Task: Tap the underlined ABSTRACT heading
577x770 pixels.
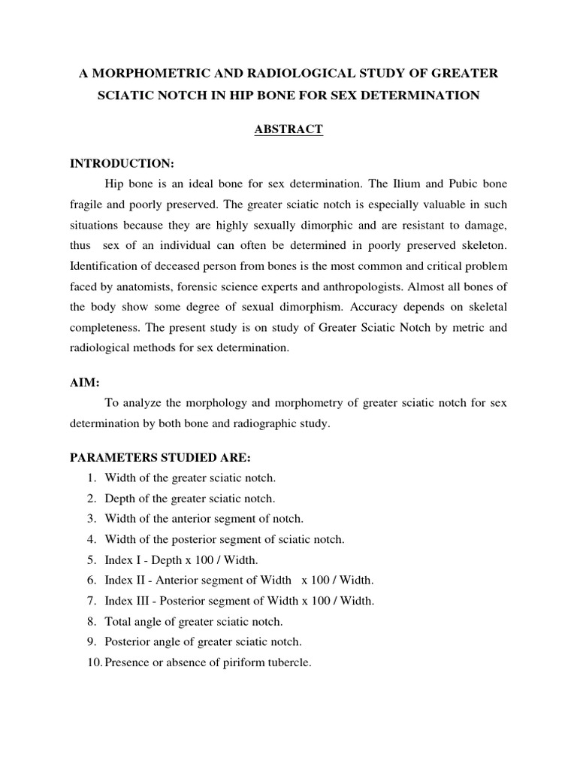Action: [288, 129]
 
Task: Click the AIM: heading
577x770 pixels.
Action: [84, 382]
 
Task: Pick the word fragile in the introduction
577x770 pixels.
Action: [86, 205]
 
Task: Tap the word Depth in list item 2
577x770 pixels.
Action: [119, 498]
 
